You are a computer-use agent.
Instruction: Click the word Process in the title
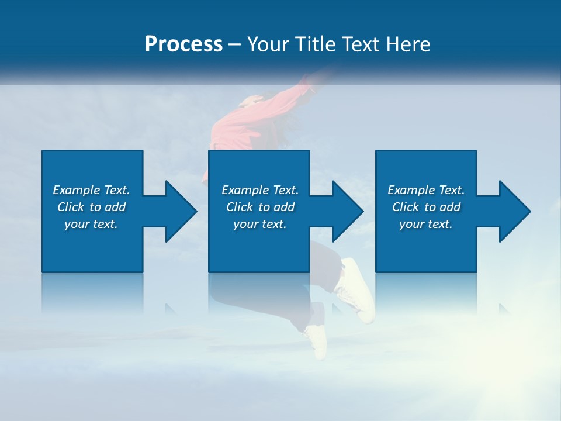point(183,44)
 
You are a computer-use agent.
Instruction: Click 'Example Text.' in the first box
point(91,190)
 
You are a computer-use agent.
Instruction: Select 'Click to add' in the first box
point(91,207)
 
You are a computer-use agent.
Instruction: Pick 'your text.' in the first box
point(91,224)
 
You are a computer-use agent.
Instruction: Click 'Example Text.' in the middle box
point(260,190)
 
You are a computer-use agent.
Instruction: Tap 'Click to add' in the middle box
point(260,207)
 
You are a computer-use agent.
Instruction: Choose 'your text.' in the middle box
point(260,224)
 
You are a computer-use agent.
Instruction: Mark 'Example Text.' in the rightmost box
point(426,190)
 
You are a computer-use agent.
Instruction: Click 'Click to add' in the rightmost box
point(426,207)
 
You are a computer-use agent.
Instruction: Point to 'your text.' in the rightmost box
point(426,224)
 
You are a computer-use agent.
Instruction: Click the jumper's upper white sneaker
point(358,289)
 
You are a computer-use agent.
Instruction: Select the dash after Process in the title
point(235,44)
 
